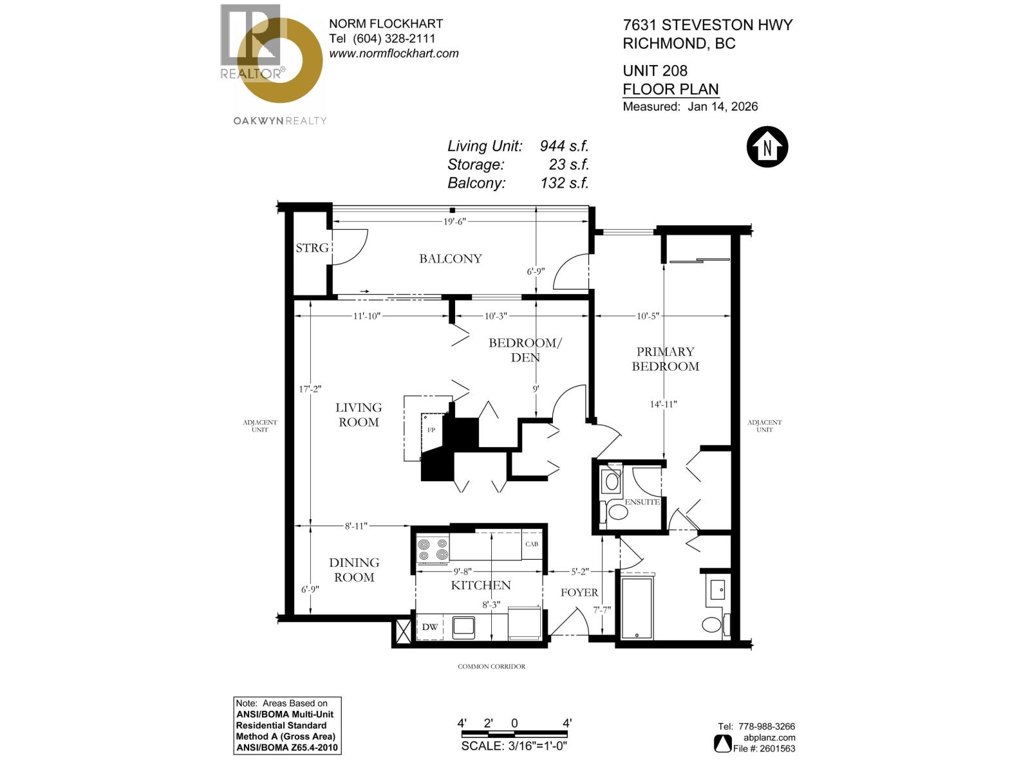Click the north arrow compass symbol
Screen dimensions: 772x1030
coord(767,147)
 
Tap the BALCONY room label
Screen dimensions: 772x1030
coord(450,259)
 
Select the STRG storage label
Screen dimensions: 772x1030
coord(312,248)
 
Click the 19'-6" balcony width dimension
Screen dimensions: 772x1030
coord(454,222)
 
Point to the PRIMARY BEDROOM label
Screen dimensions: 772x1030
coord(665,359)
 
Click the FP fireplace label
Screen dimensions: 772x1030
coord(431,430)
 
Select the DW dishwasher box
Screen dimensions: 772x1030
coord(430,627)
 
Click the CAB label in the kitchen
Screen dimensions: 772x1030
coord(531,544)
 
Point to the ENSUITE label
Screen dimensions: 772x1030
coord(642,502)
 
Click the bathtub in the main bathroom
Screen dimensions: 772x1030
coord(637,607)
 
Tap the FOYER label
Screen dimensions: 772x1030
coord(579,593)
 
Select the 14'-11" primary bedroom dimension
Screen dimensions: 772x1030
coord(663,405)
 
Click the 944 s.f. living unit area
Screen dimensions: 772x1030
coord(564,146)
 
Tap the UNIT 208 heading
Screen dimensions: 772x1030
coord(655,71)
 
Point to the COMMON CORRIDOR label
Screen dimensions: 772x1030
coord(491,666)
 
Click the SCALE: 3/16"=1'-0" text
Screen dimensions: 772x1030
coord(514,746)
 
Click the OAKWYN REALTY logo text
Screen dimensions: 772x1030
coord(279,121)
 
